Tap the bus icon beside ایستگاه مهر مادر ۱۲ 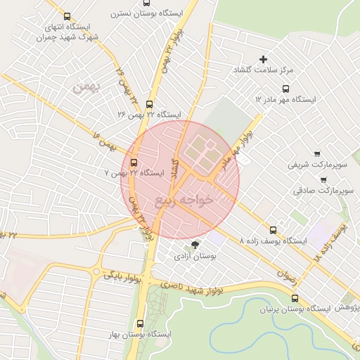(x=285, y=89)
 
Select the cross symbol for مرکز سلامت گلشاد (x=264, y=60)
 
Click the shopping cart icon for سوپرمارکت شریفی (x=316, y=154)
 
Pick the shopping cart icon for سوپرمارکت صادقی (x=323, y=179)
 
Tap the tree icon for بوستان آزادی (x=195, y=245)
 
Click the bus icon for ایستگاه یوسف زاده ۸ (x=273, y=229)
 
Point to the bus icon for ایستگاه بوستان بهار (x=139, y=324)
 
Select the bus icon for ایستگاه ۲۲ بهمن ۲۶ (x=148, y=103)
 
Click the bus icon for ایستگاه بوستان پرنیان (x=295, y=298)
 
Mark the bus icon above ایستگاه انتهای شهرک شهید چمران (x=67, y=17)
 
